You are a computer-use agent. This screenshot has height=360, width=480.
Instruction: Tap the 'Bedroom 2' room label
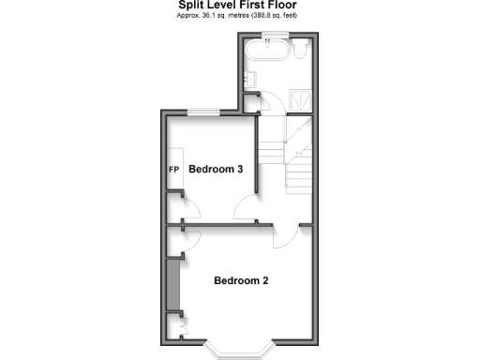(x=242, y=280)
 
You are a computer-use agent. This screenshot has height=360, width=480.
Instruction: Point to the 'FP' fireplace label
(x=173, y=171)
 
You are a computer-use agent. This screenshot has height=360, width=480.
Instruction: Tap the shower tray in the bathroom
(x=300, y=97)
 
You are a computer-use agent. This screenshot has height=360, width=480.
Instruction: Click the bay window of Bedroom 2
(x=240, y=351)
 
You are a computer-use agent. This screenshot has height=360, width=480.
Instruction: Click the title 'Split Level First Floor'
(x=239, y=5)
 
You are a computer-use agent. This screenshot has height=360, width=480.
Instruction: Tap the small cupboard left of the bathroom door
(x=247, y=102)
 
